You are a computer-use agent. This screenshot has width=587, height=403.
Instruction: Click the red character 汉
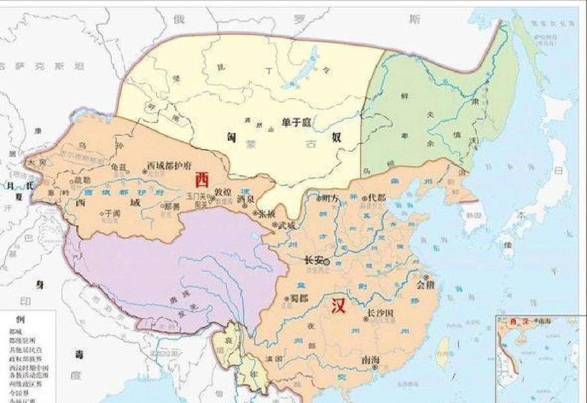339,305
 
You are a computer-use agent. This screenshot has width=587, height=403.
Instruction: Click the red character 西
202,180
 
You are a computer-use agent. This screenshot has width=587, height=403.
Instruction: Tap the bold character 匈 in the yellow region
232,137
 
